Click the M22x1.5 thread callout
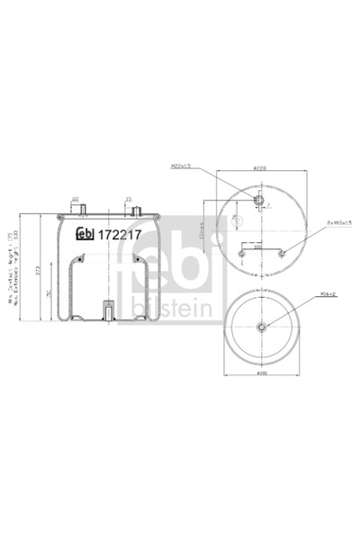coord(183,166)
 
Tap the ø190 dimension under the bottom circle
coord(259,373)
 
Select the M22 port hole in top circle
coord(259,201)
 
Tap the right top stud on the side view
coord(136,209)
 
